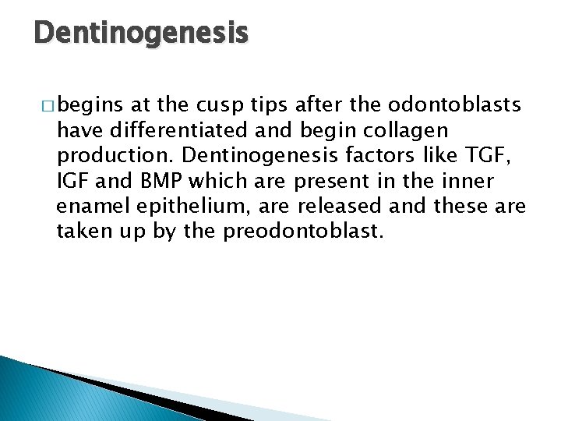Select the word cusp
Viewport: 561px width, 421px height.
coord(218,105)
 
